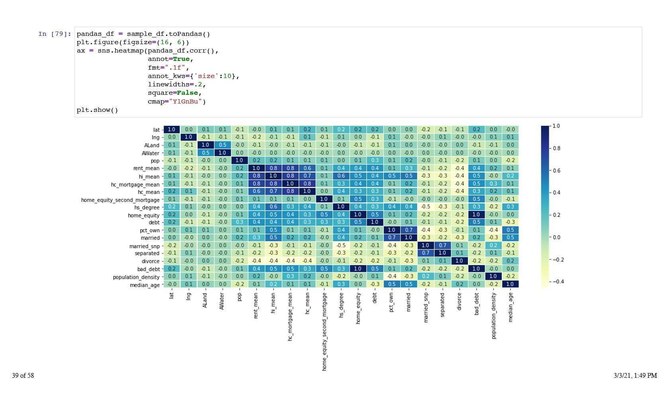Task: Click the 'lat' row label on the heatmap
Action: [156, 130]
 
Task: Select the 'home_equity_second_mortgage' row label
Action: [120, 200]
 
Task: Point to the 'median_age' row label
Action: [145, 285]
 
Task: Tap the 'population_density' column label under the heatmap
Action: [494, 316]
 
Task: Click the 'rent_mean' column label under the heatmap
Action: [256, 306]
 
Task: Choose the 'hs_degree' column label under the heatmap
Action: [341, 305]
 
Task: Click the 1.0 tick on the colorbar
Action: [556, 126]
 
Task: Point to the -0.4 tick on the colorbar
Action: [557, 281]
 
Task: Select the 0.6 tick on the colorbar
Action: [556, 170]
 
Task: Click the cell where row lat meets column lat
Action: [172, 129]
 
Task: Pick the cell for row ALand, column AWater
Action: [222, 145]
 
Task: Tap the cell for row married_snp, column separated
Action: [442, 245]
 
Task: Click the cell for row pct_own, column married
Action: [409, 230]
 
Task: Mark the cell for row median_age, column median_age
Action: [510, 284]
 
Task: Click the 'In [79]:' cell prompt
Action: [55, 34]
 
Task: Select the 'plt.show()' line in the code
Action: [97, 110]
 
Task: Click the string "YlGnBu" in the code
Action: [186, 101]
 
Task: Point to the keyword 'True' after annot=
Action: [181, 59]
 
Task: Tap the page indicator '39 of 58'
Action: [23, 375]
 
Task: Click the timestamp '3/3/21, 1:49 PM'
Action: [635, 375]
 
